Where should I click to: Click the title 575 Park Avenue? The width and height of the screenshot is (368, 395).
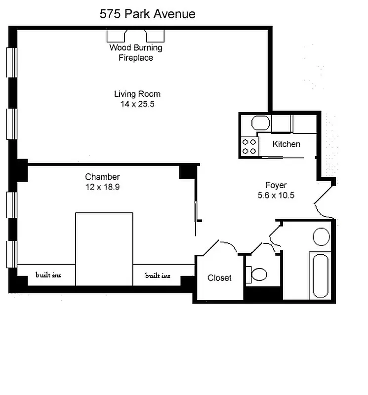pos(147,14)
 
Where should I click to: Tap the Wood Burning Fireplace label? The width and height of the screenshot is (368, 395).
pos(135,53)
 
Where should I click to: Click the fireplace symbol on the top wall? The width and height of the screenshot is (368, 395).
pos(136,36)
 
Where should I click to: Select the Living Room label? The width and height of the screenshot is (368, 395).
pos(137,94)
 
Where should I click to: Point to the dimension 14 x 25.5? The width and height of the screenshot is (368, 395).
pos(137,104)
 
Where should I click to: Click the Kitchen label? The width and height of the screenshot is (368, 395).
pos(286,144)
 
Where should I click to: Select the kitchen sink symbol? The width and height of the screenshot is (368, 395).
pos(260,123)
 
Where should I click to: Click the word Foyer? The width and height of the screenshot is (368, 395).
pos(276,186)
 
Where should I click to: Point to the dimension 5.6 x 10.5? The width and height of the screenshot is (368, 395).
pos(276,195)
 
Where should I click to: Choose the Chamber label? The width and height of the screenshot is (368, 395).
pos(102,177)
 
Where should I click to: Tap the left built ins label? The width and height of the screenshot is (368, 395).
pos(48,275)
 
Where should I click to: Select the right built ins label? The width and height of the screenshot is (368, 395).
pos(158,275)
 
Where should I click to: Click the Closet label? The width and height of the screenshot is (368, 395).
pos(219,278)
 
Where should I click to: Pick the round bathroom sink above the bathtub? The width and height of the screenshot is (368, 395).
pos(322,237)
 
